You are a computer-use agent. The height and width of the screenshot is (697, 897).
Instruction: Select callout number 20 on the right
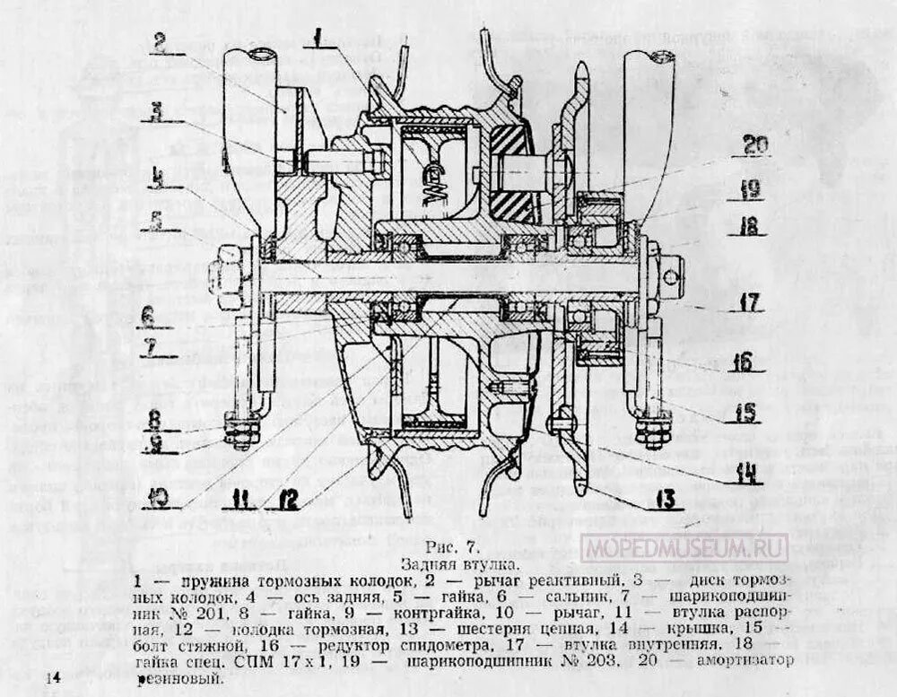click(754, 144)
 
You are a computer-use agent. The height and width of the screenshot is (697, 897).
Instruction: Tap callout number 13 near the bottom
click(665, 500)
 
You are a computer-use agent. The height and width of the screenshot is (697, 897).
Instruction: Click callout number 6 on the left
click(146, 316)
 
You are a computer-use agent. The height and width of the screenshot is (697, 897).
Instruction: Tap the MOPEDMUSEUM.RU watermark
click(684, 546)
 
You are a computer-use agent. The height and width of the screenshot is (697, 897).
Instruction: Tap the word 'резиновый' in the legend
click(179, 679)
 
